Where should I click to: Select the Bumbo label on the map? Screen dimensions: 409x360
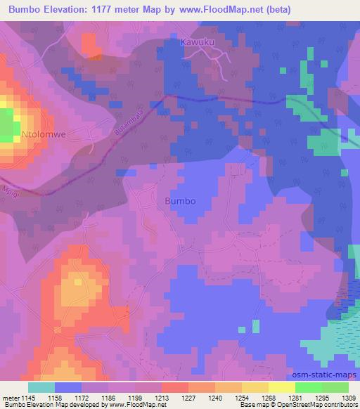point(179,200)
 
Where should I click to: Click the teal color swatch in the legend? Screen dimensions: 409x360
point(41,387)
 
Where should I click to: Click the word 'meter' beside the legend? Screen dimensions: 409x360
point(11,397)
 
